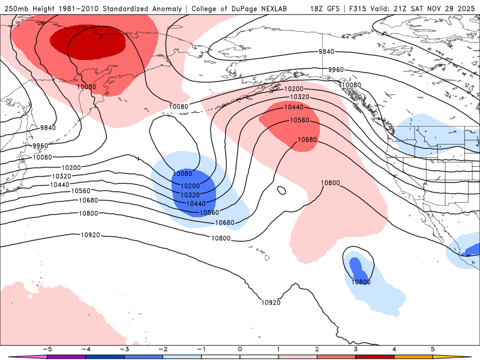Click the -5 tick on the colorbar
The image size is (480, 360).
[46, 348]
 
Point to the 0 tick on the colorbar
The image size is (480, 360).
[240, 348]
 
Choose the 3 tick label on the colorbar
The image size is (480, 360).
[356, 348]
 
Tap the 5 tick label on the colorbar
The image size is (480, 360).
[433, 348]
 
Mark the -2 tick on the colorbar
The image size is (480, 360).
[163, 348]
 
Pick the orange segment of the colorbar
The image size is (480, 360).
[414, 356]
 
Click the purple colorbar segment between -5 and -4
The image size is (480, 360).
[66, 356]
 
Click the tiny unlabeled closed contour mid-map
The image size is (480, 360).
[281, 191]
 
